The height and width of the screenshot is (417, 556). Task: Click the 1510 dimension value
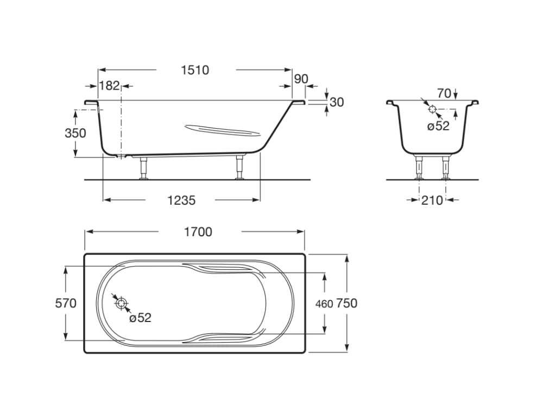point(195,70)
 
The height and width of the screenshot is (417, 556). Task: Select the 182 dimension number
point(109,86)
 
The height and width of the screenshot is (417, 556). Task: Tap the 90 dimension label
point(301,79)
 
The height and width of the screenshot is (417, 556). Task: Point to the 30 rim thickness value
point(337,102)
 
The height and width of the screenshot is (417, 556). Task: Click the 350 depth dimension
point(75,133)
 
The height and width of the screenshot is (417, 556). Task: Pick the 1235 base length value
point(181,201)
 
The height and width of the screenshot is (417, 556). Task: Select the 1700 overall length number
point(198,232)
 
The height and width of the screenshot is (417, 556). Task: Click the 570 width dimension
point(66,304)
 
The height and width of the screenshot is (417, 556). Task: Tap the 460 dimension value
point(324,304)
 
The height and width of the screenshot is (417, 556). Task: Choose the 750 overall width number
point(347,304)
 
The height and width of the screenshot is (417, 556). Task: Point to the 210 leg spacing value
point(432,201)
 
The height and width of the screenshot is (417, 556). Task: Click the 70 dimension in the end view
point(444,93)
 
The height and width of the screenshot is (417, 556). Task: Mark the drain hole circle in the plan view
point(121,303)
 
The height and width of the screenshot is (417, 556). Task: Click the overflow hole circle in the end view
point(432,109)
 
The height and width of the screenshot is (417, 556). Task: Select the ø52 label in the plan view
point(141,318)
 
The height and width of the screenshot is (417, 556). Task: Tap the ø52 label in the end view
point(438,126)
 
